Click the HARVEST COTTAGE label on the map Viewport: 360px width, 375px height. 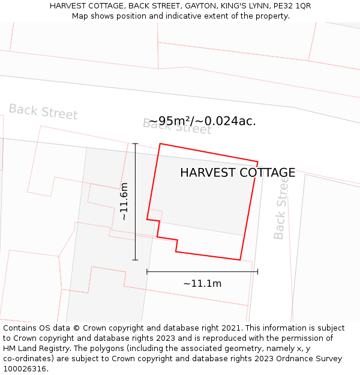238,173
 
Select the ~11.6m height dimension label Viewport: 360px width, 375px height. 124,202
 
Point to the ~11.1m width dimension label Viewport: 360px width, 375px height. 202,284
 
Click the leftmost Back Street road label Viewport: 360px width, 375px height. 43,112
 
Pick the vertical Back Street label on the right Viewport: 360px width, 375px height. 281,208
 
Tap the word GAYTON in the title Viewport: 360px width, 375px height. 201,6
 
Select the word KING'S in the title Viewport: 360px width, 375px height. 235,6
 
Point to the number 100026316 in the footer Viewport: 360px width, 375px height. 23,369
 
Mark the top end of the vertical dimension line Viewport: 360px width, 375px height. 135,144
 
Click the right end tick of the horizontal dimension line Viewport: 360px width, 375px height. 258,272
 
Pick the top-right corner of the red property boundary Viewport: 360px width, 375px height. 258,162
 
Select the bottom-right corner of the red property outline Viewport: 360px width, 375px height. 240,260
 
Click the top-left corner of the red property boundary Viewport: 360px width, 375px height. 160,143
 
